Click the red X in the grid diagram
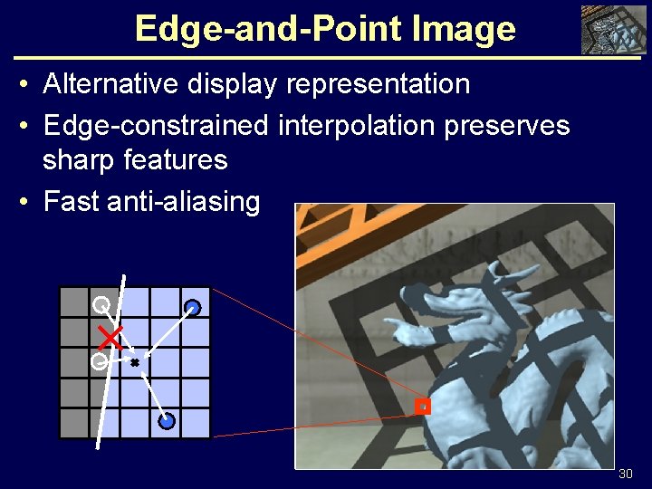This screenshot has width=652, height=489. click(110, 338)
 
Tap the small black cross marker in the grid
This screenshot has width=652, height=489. click(135, 362)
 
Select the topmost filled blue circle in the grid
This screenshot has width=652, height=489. click(193, 308)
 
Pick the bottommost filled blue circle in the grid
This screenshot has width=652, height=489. click(166, 420)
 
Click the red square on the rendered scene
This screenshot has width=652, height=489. click(422, 407)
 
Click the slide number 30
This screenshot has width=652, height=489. click(625, 474)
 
